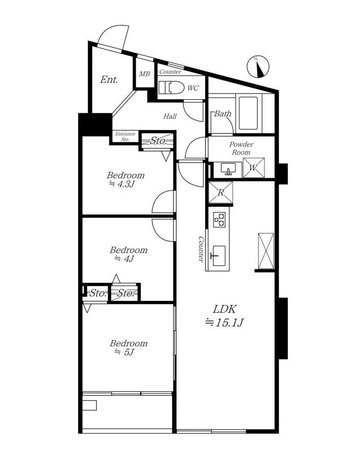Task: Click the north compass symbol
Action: (258, 67)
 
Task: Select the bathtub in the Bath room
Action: (248, 113)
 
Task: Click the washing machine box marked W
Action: (254, 168)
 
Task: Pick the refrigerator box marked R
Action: (221, 192)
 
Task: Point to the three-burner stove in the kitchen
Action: (219, 219)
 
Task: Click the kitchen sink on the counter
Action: (219, 255)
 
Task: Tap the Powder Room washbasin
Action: (228, 168)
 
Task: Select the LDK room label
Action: (225, 309)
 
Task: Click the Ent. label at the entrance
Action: (109, 79)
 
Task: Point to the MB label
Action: (145, 74)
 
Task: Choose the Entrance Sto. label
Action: (125, 136)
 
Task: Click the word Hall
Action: (170, 116)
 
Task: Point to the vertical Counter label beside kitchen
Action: (201, 248)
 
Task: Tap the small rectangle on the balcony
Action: (89, 405)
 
